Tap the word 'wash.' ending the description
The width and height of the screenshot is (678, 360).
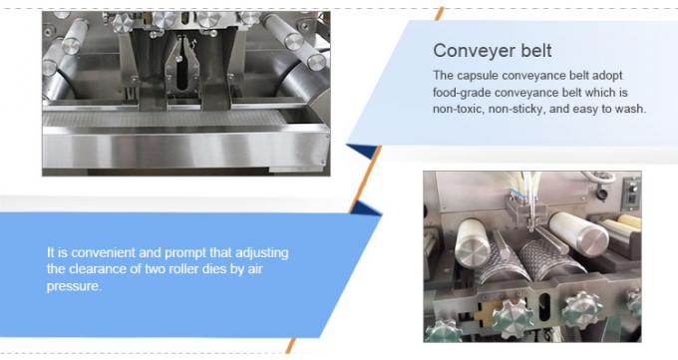628,109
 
